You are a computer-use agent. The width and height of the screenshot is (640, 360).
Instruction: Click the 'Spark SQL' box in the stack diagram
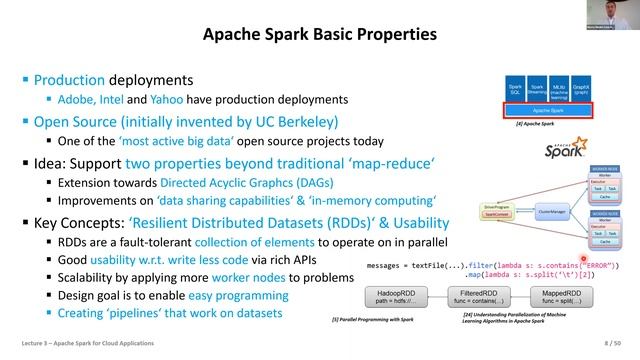(x=514, y=89)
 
